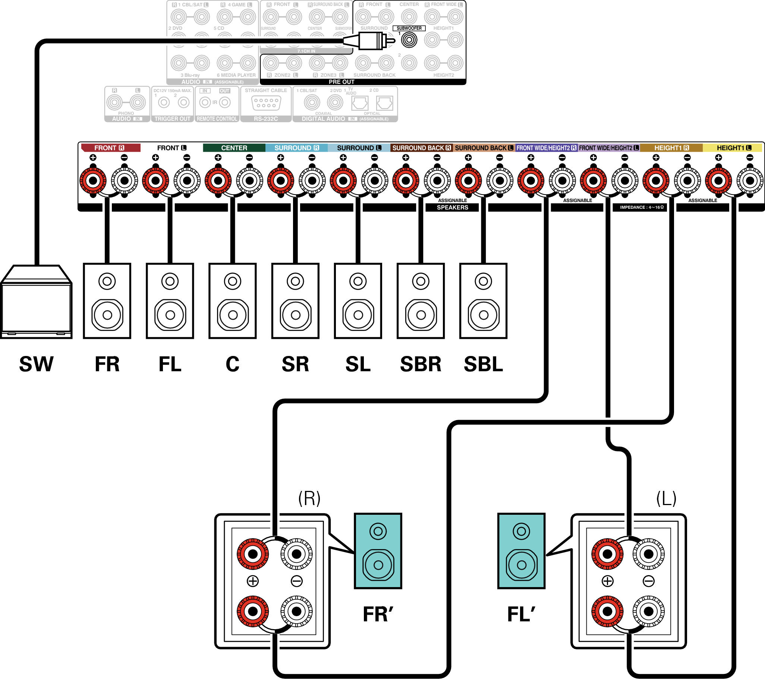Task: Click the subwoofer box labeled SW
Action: coord(36,303)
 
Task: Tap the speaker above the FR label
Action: coord(107,301)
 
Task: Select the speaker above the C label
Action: coord(232,301)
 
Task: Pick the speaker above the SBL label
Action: coord(483,301)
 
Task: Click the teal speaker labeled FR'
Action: coord(378,551)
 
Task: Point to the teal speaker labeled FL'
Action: coord(521,551)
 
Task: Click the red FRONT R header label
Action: coord(110,148)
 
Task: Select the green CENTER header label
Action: coord(234,148)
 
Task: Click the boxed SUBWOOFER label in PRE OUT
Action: coord(409,28)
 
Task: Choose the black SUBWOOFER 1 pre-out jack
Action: coord(409,40)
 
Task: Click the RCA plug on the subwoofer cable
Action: coord(372,40)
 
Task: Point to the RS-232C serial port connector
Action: coord(266,103)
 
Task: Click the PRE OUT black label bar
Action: coord(341,82)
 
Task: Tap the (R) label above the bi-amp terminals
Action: coord(309,498)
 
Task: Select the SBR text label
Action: coord(421,364)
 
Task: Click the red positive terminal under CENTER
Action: coord(218,181)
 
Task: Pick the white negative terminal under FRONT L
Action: coord(187,181)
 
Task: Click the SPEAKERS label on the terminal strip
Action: coord(453,207)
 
